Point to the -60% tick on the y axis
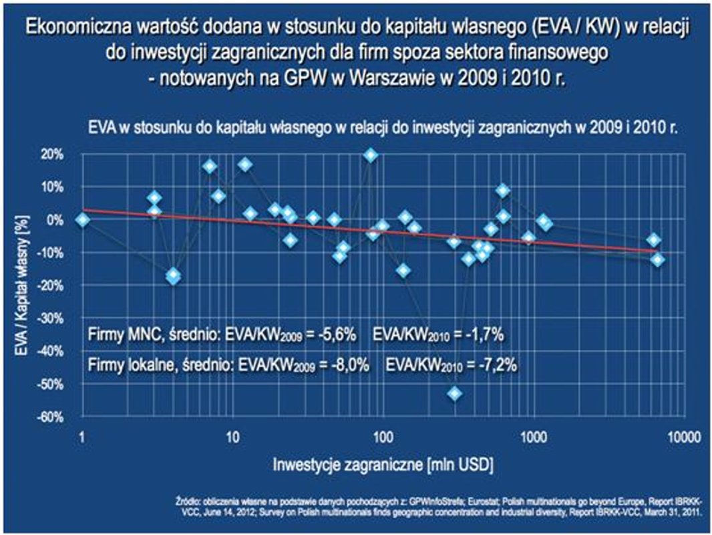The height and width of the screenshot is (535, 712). click(x=53, y=417)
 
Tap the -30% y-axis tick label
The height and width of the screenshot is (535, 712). click(x=53, y=318)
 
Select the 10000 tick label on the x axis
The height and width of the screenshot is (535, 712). click(x=682, y=438)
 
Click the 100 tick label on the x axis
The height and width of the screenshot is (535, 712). click(x=383, y=438)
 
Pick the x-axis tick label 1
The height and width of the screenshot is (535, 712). click(x=81, y=438)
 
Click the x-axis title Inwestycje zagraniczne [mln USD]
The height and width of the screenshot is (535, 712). click(x=383, y=463)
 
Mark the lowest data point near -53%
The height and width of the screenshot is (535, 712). click(x=455, y=393)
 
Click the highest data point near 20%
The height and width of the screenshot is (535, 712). click(x=371, y=155)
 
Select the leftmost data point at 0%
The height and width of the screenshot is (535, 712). click(x=82, y=219)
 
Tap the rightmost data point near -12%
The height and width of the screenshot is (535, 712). click(x=658, y=259)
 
